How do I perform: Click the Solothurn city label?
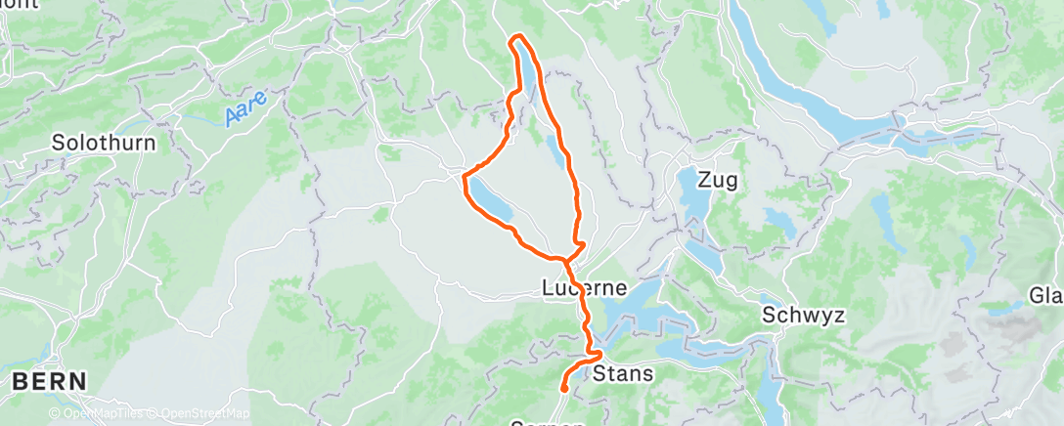[104, 142]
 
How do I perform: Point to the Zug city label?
[718, 180]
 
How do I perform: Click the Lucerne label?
[583, 289]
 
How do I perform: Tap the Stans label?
[623, 373]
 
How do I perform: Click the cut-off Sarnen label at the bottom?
[548, 422]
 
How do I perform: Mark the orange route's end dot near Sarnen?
[565, 390]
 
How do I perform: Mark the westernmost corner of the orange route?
[464, 177]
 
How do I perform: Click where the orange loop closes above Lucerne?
[566, 259]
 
